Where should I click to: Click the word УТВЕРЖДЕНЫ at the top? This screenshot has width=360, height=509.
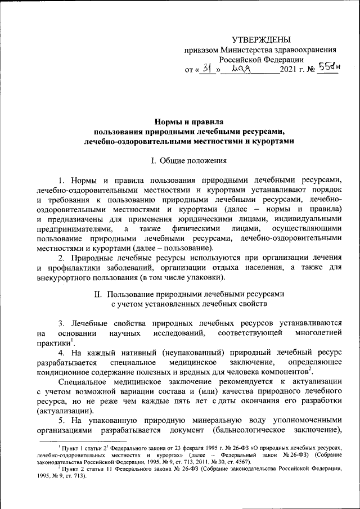262,39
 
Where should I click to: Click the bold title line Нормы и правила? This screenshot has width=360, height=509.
188,121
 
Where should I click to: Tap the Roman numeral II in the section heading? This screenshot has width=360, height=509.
97,294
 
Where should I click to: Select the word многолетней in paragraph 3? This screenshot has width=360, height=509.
318,335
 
